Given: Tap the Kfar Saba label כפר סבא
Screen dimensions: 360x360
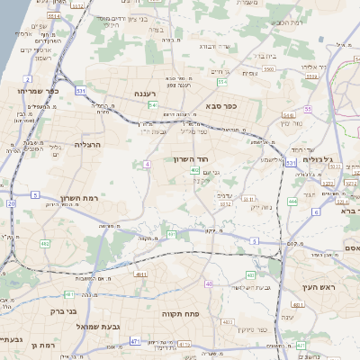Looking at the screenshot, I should (219, 106).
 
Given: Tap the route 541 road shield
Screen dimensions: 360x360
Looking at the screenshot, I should (153, 105).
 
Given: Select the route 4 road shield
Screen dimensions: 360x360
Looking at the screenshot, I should (147, 165).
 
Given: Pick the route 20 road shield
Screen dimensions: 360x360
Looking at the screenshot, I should (11, 203).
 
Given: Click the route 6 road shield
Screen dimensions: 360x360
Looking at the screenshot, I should (316, 211).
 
